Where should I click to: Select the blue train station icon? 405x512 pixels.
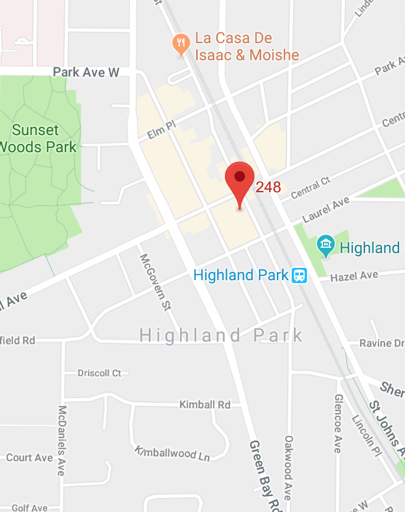click(x=300, y=275)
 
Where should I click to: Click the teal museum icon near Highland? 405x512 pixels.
click(x=325, y=246)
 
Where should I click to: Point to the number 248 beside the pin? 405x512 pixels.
click(x=268, y=188)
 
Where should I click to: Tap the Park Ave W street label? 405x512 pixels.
click(x=86, y=72)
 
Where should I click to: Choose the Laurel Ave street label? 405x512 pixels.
click(x=325, y=209)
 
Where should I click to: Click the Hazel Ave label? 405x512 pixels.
click(x=354, y=276)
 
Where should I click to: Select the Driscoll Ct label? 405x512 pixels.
click(x=99, y=373)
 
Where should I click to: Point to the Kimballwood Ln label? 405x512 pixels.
click(x=172, y=453)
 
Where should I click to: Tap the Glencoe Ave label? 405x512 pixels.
click(x=337, y=424)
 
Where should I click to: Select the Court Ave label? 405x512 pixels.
click(x=30, y=458)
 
